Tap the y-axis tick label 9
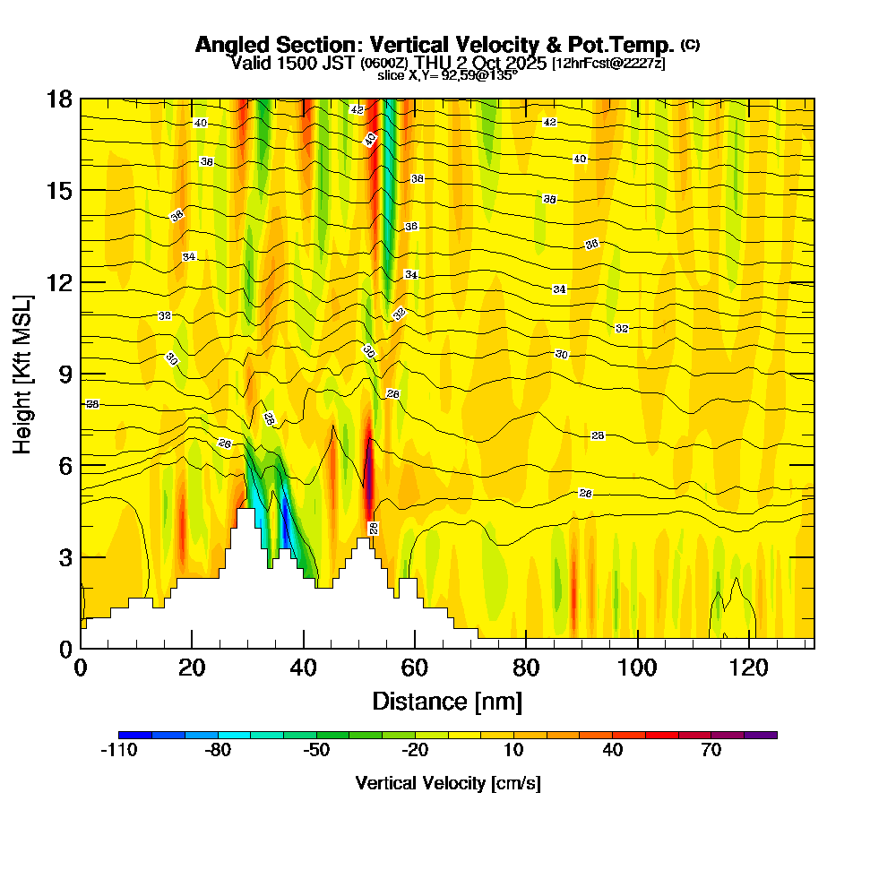[x=65, y=375]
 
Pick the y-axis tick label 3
[x=65, y=557]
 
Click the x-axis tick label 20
[x=192, y=668]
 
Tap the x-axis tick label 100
[x=637, y=668]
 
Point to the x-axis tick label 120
[x=748, y=668]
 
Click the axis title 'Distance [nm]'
[x=447, y=701]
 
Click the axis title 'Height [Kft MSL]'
[x=23, y=374]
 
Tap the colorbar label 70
[x=711, y=751]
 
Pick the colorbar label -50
[x=316, y=751]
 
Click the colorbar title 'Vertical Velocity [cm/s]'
[x=448, y=783]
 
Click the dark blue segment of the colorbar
[x=135, y=735]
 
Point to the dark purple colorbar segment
[x=761, y=735]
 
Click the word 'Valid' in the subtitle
[x=249, y=63]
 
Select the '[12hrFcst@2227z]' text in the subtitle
[x=608, y=63]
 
